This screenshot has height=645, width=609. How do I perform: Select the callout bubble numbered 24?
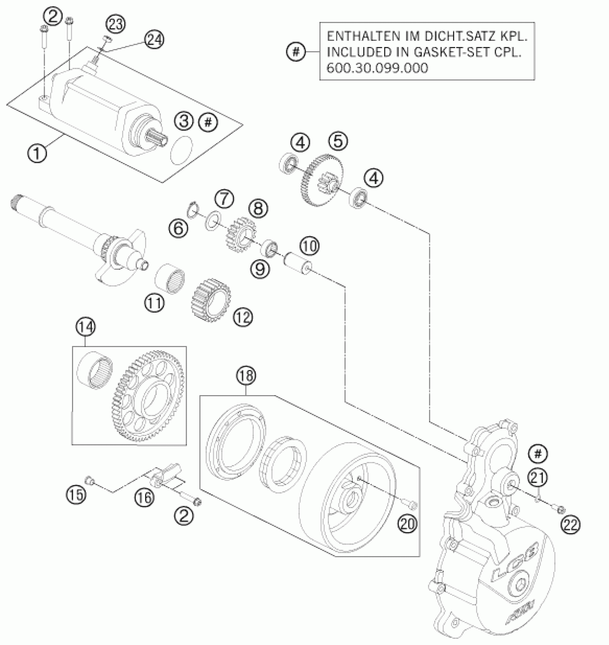(154, 40)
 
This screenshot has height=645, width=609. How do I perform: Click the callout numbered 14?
(85, 327)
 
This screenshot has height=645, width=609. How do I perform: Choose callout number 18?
(246, 376)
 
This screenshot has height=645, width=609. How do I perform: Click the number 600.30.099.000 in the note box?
(377, 68)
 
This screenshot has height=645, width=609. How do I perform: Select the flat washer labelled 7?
(212, 220)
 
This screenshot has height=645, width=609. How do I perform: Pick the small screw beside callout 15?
(89, 480)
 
